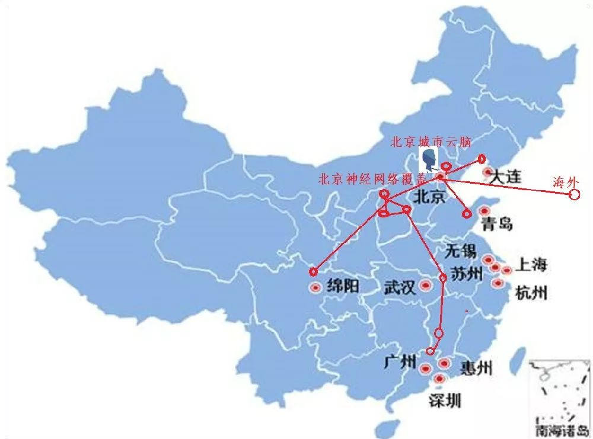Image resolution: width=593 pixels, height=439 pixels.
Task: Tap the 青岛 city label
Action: pos(497,224)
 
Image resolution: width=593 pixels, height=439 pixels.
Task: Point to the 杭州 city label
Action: pos(531,293)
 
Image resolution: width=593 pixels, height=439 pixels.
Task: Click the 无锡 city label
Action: pos(460,251)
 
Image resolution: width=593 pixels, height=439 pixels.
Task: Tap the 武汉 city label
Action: pos(399,288)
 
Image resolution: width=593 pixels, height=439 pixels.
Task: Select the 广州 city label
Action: pos(401,362)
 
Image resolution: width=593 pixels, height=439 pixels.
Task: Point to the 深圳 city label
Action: pos(445,400)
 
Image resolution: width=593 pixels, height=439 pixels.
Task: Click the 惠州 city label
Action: pos(476,368)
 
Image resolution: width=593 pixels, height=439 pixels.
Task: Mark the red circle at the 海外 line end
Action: pos(573,194)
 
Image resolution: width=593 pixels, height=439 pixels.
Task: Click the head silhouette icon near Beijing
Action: pos(430,161)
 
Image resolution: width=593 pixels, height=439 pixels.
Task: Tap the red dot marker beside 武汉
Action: pos(425,286)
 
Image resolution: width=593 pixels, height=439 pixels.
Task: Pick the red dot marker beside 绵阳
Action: pos(315,288)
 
